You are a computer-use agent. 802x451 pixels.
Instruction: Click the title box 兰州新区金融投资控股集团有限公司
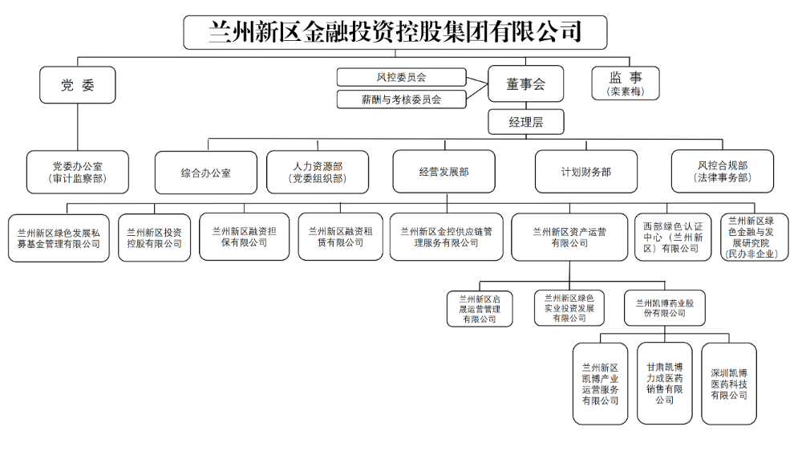pyautogui.click(x=395, y=33)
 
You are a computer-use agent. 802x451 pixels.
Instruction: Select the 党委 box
pyautogui.click(x=78, y=85)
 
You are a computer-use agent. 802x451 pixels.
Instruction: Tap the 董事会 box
pyautogui.click(x=525, y=83)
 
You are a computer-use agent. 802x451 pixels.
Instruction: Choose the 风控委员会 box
pyautogui.click(x=401, y=77)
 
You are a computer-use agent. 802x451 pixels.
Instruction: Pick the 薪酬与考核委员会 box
pyautogui.click(x=401, y=100)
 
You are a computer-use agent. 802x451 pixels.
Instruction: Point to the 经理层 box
pyautogui.click(x=525, y=122)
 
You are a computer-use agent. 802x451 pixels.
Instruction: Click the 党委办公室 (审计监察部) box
pyautogui.click(x=78, y=172)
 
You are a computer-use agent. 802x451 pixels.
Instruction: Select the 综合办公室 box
pyautogui.click(x=206, y=172)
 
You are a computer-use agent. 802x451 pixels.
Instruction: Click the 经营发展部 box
pyautogui.click(x=444, y=172)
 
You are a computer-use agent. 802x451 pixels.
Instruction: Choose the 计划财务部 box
pyautogui.click(x=586, y=172)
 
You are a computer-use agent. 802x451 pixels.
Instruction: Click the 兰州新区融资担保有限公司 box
pyautogui.click(x=243, y=236)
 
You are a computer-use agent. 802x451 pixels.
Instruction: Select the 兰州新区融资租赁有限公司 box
pyautogui.click(x=341, y=236)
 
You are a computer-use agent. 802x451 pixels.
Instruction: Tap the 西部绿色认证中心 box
pyautogui.click(x=672, y=237)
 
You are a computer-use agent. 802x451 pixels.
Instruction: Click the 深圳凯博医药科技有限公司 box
pyautogui.click(x=729, y=384)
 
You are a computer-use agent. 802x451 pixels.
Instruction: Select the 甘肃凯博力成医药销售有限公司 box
pyautogui.click(x=664, y=384)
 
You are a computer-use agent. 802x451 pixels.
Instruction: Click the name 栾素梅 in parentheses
pyautogui.click(x=626, y=92)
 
